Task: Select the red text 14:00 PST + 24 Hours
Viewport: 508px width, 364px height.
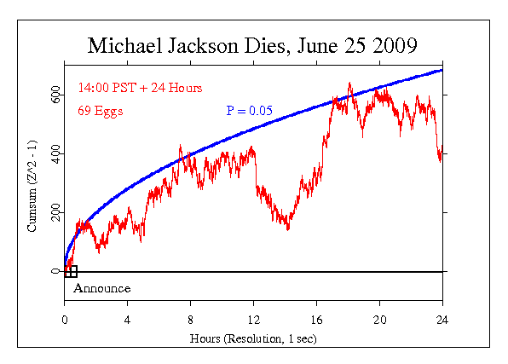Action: click(140, 88)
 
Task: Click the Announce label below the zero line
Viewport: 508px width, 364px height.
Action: click(101, 289)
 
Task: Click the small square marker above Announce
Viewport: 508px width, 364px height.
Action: click(72, 272)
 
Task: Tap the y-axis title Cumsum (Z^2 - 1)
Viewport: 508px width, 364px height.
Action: click(32, 188)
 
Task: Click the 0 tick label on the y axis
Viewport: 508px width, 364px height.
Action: click(55, 272)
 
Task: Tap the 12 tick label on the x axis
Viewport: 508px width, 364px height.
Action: click(253, 321)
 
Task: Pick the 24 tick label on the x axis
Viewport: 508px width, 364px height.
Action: click(442, 321)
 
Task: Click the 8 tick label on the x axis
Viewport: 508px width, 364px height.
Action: click(190, 321)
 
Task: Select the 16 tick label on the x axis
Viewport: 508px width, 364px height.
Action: click(316, 321)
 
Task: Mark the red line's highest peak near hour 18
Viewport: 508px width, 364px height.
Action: click(349, 84)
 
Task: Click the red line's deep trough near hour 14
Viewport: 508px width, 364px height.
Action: click(287, 228)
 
